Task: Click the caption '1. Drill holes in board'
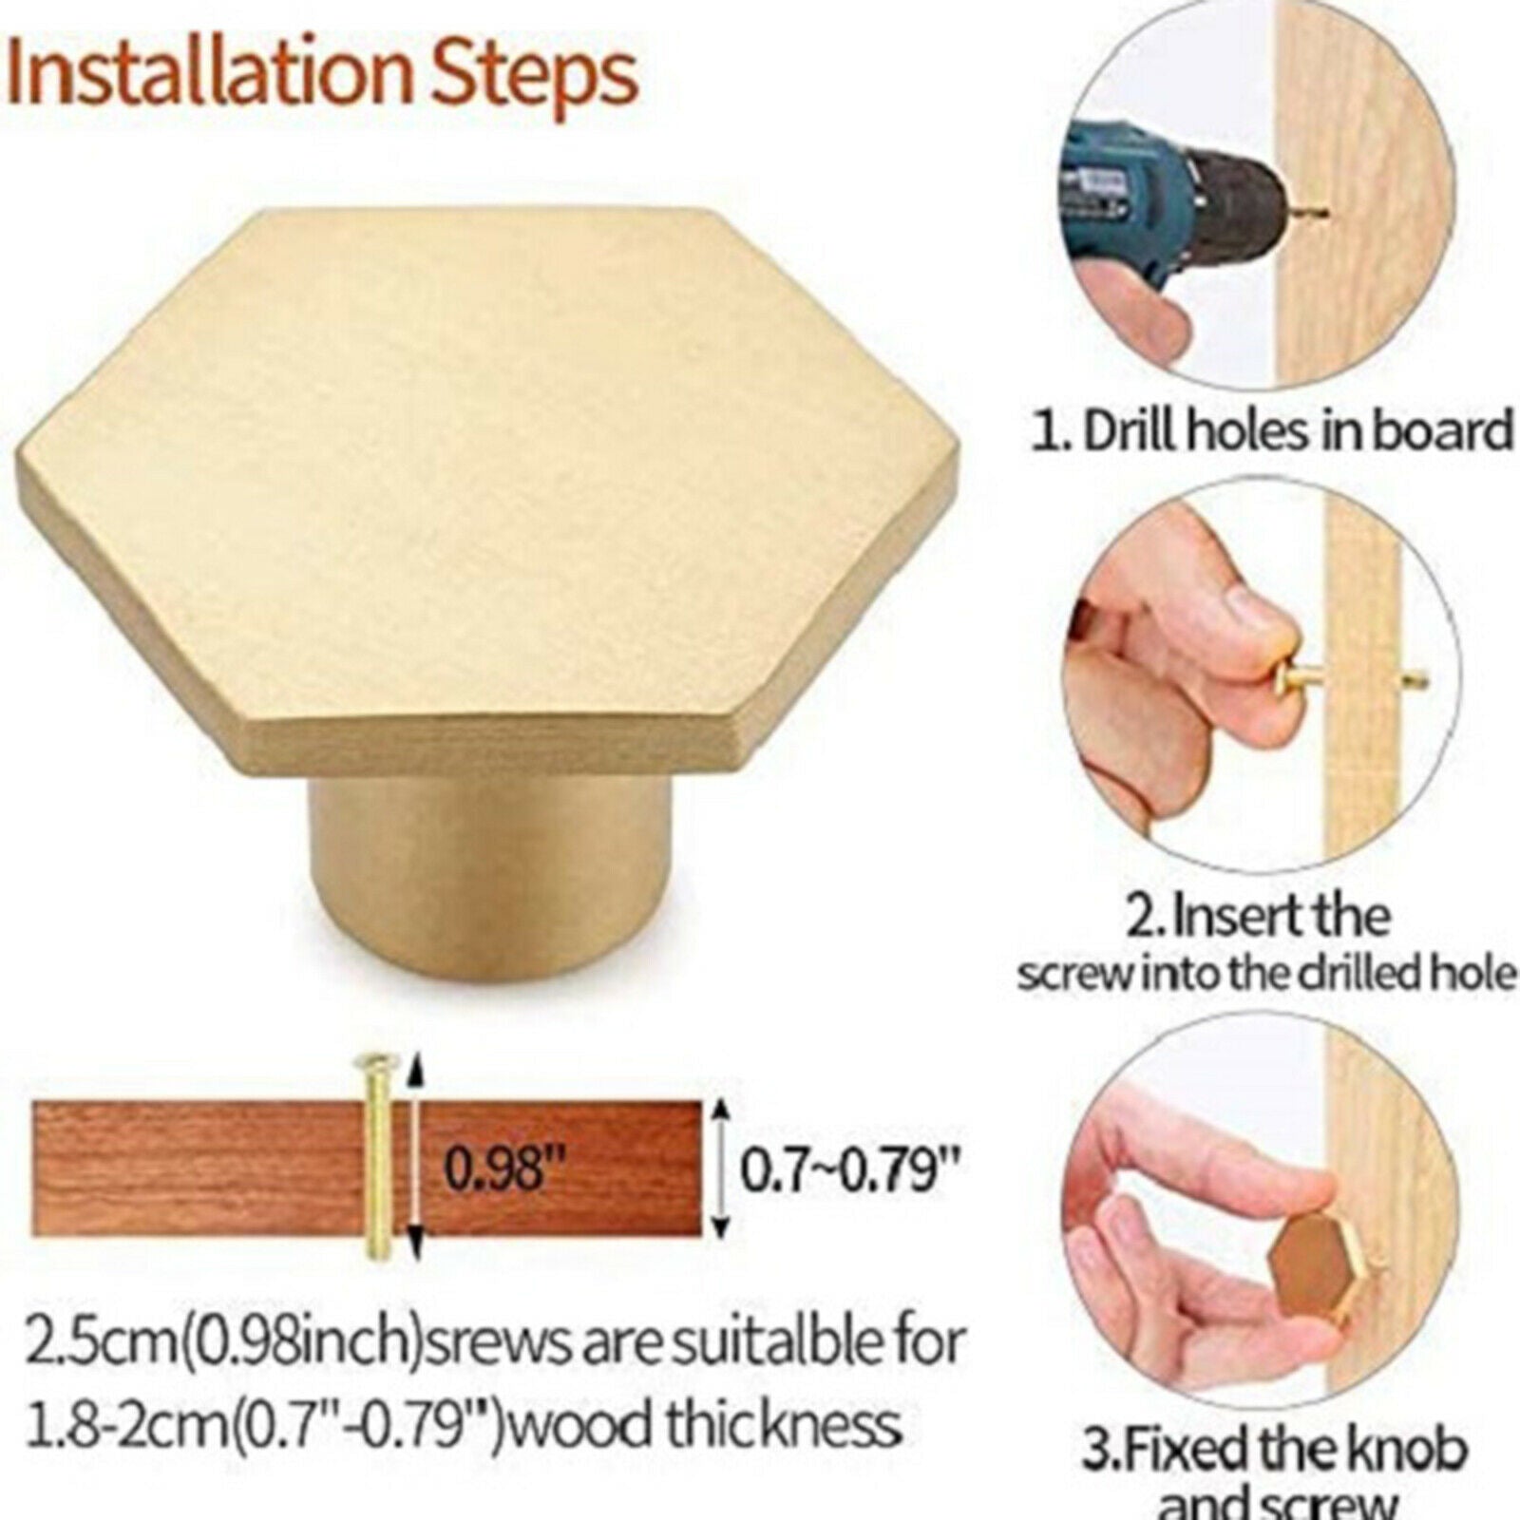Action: click(1272, 431)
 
